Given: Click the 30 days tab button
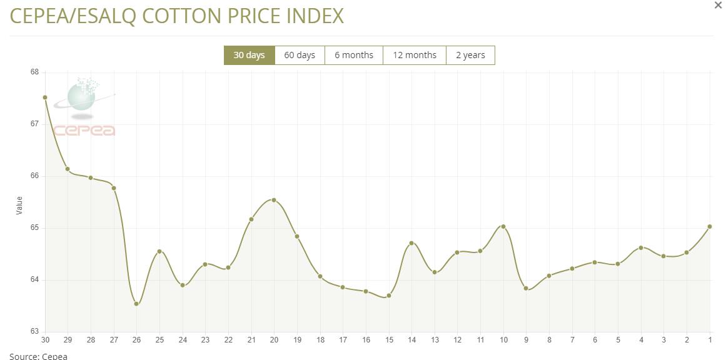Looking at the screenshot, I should point(250,55).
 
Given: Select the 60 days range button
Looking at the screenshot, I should point(300,55).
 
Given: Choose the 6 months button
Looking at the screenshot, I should point(354,55).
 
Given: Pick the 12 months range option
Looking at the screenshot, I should point(415,55).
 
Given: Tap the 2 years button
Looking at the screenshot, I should point(470,55).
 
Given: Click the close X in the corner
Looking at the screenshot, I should point(718,5).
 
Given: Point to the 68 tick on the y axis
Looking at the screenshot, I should point(34,72).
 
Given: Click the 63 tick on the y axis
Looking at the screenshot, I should point(34,331).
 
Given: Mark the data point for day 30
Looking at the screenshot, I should point(45,97).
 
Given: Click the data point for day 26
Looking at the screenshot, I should point(136,304).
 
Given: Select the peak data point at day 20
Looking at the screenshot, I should point(274,200).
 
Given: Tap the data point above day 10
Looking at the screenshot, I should point(503,226).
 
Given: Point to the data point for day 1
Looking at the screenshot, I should point(710,226).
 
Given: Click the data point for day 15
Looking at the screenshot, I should point(389,296).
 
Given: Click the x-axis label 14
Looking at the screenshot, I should point(411,340).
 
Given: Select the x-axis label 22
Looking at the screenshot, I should point(228,340).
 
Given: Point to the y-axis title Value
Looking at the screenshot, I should point(19,205).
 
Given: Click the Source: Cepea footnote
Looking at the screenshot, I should point(38,356).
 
